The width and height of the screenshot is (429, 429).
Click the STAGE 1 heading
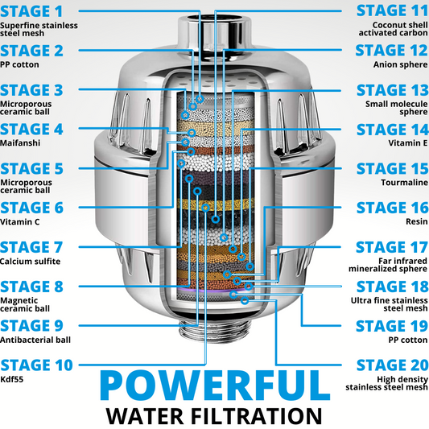pyautogui.click(x=31, y=11)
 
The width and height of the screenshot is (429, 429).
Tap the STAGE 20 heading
pyautogui.click(x=392, y=365)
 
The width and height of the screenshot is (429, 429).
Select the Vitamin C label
pyautogui.click(x=19, y=221)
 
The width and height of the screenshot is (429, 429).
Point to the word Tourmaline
pyautogui.click(x=404, y=182)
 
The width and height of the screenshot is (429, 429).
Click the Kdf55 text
pyautogui.click(x=12, y=379)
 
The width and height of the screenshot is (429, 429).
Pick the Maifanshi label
pyautogui.click(x=20, y=142)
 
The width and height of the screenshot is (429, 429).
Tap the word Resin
pyautogui.click(x=417, y=221)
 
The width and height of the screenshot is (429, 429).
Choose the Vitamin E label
pyautogui.click(x=408, y=142)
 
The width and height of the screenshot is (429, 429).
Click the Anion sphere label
pyautogui.click(x=401, y=64)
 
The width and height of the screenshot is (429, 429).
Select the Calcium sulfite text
pyautogui.click(x=30, y=262)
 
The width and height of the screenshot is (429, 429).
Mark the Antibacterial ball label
pyautogui.click(x=35, y=340)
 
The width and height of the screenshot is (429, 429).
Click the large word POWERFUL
pyautogui.click(x=215, y=386)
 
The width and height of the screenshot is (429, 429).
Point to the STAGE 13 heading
pyautogui.click(x=392, y=90)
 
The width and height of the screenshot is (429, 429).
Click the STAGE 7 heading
pyautogui.click(x=31, y=247)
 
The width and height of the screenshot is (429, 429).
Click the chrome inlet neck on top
pyautogui.click(x=214, y=30)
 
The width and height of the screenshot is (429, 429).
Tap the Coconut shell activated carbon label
pyautogui.click(x=393, y=29)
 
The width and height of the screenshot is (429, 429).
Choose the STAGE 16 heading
pyautogui.click(x=392, y=208)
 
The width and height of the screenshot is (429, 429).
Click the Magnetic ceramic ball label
pyautogui.click(x=25, y=304)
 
